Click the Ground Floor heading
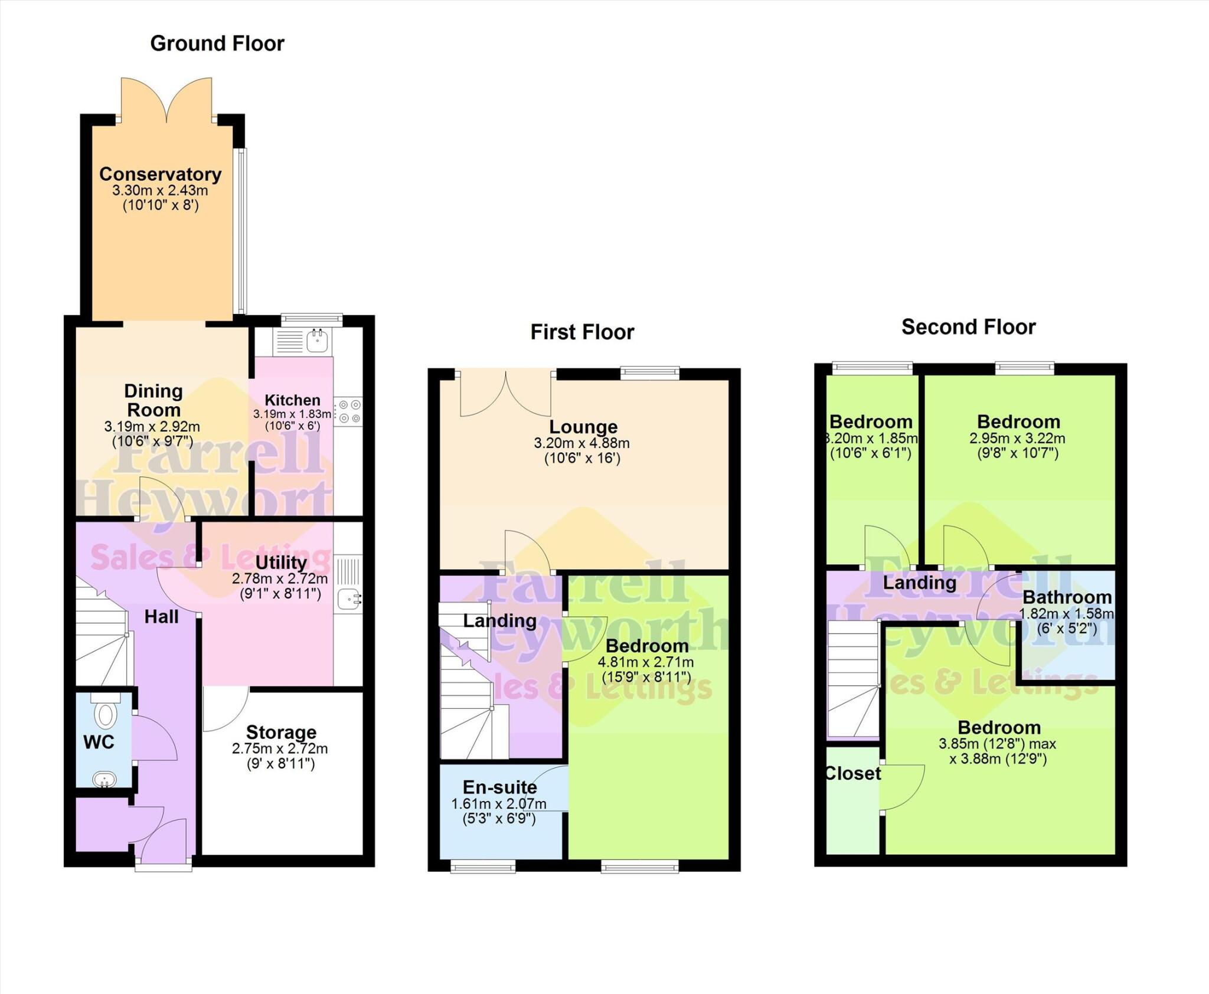(x=217, y=44)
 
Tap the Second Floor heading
(x=968, y=327)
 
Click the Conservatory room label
(x=160, y=174)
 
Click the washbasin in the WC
(x=105, y=779)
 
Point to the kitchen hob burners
(x=348, y=411)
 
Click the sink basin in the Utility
(x=348, y=600)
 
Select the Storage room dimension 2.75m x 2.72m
(x=280, y=748)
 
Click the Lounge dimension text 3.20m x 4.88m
(x=581, y=443)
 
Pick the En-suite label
(x=499, y=787)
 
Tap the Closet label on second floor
(x=852, y=773)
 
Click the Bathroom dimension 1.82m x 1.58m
(x=1066, y=613)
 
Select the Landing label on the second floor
(x=919, y=583)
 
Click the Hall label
(x=161, y=617)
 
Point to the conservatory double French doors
(x=166, y=100)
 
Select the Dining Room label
(x=153, y=400)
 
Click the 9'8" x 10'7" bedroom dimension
(x=1018, y=453)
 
